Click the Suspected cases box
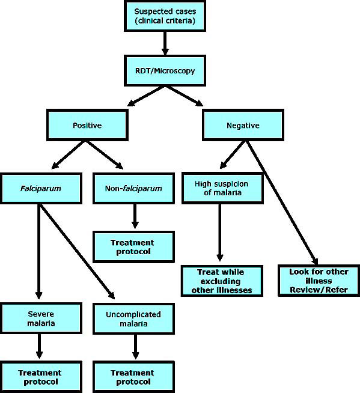pyautogui.click(x=165, y=16)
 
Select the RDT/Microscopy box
pyautogui.click(x=165, y=71)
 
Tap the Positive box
pyautogui.click(x=87, y=125)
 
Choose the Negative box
pyautogui.click(x=243, y=125)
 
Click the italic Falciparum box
pyautogui.click(x=41, y=188)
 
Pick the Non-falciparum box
pyautogui.click(x=133, y=188)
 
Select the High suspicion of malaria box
pyautogui.click(x=222, y=188)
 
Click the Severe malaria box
pyautogui.click(x=41, y=318)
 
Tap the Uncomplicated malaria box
pyautogui.click(x=133, y=319)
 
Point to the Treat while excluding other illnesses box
pyautogui.click(x=222, y=281)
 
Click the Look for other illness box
pyautogui.click(x=319, y=281)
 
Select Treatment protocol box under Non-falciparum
pyautogui.click(x=133, y=247)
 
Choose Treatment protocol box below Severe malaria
pyautogui.click(x=41, y=377)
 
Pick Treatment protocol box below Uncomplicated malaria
pyautogui.click(x=133, y=377)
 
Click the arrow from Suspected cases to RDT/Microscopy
pyautogui.click(x=165, y=43)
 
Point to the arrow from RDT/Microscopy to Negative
pyautogui.click(x=184, y=96)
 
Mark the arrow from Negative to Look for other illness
pyautogui.click(x=282, y=203)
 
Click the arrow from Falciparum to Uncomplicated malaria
pyautogui.click(x=77, y=251)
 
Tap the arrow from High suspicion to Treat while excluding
pyautogui.click(x=220, y=233)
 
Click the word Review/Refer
pyautogui.click(x=319, y=290)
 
